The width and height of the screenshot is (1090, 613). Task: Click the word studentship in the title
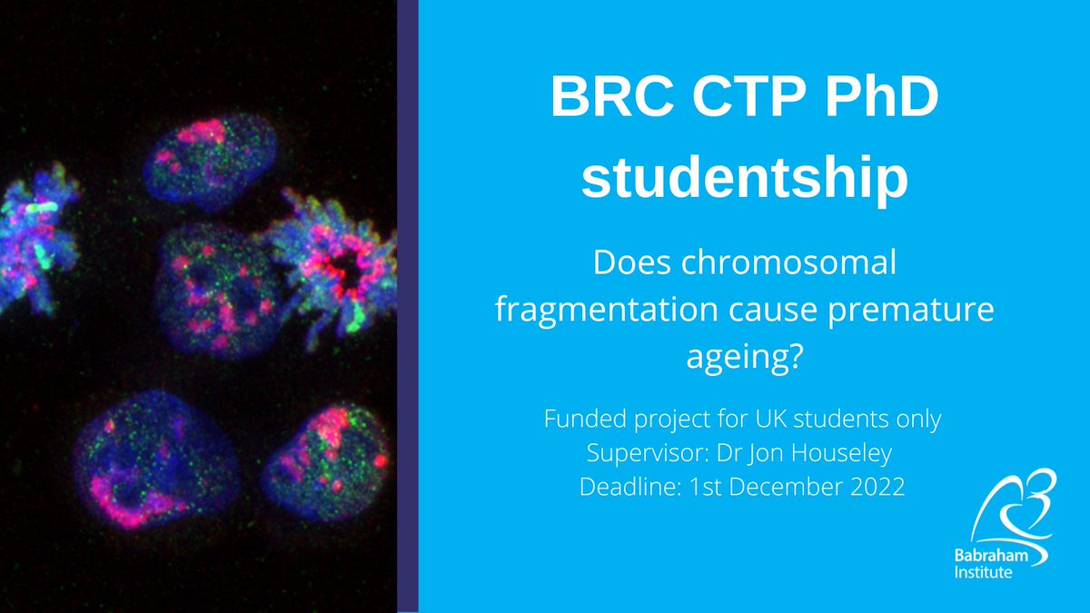coord(744,179)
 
